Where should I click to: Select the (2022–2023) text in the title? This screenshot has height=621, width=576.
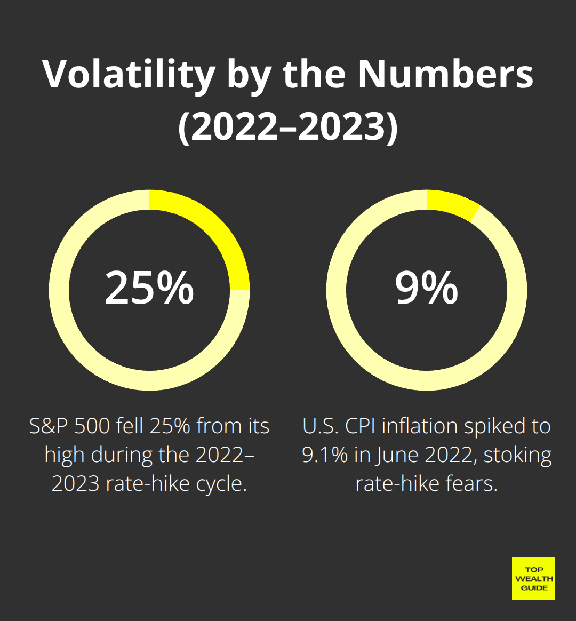pyautogui.click(x=288, y=128)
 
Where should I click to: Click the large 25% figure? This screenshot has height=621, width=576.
pyautogui.click(x=149, y=288)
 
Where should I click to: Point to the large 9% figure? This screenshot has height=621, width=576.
pyautogui.click(x=427, y=288)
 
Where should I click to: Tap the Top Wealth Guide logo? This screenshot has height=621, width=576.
pyautogui.click(x=533, y=578)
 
